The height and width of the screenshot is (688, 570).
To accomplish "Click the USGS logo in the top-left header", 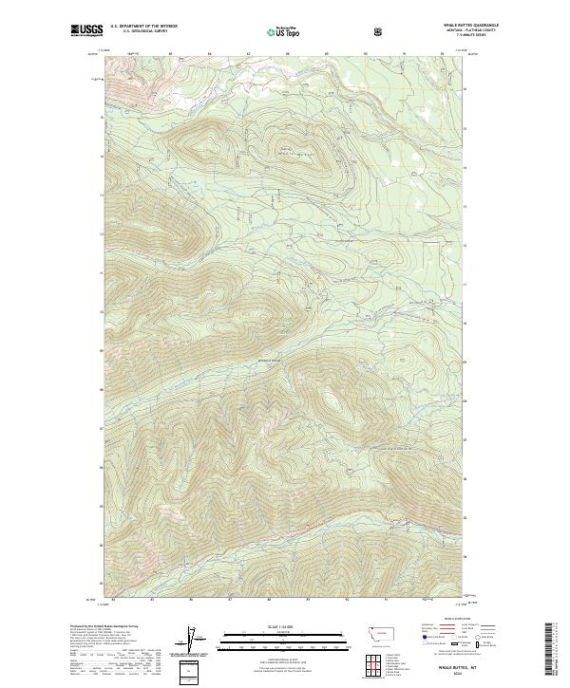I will click(85, 30).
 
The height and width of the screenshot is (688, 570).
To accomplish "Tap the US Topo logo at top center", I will click(283, 31).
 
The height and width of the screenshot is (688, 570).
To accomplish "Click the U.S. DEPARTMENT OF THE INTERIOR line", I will click(143, 27).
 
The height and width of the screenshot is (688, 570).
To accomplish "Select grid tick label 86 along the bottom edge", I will click(191, 600).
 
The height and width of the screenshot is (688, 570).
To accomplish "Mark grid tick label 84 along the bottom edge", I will click(113, 600).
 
